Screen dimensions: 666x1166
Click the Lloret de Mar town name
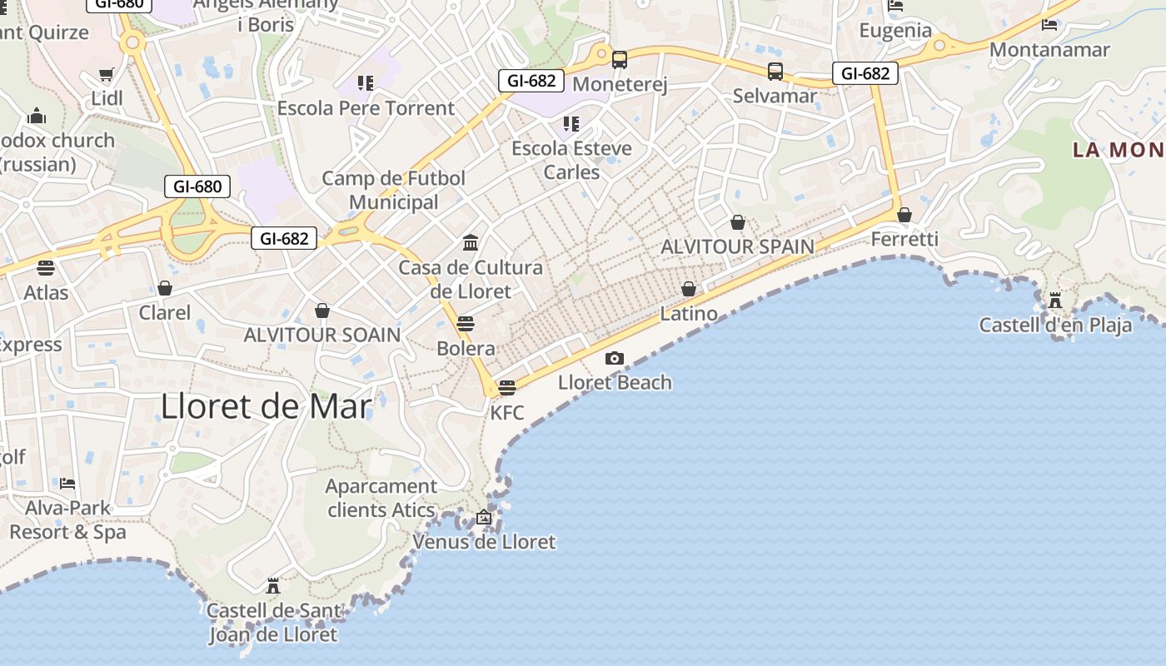[x=266, y=406]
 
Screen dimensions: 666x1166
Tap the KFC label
[x=506, y=412]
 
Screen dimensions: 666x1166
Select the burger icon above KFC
[x=506, y=388]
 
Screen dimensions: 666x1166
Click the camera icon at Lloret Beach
[x=615, y=358]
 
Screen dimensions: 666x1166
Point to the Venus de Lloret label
[x=484, y=542]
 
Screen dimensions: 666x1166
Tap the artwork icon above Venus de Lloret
[x=484, y=518]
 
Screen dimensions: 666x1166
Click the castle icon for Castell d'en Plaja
[x=1055, y=300]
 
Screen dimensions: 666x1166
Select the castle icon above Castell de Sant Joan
[x=272, y=586]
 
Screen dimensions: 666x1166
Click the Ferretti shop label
[x=904, y=240]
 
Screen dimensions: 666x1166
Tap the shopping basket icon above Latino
[x=689, y=290]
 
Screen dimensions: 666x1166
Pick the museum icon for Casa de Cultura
[x=471, y=243]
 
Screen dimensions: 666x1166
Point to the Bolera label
[x=466, y=349]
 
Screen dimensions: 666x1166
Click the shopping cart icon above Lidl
[x=107, y=75]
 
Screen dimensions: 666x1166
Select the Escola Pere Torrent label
[x=366, y=108]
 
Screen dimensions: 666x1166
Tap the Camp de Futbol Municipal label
[x=394, y=190]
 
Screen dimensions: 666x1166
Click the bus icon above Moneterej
[x=620, y=60]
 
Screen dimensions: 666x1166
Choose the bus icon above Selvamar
[x=775, y=72]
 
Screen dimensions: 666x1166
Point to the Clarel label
[x=165, y=313]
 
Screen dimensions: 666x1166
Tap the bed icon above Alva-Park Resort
[x=67, y=484]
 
